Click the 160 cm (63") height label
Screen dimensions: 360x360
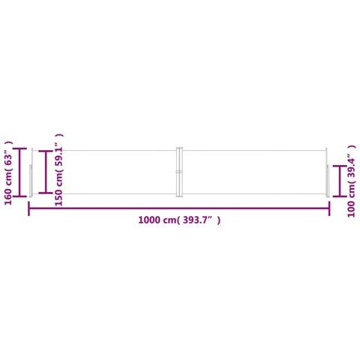8,172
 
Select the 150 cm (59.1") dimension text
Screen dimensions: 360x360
58,169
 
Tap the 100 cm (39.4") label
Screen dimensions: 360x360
351,181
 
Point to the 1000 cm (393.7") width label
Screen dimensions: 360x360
179,220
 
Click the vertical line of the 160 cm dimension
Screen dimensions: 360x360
19,172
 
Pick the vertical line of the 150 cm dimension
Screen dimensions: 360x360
46,172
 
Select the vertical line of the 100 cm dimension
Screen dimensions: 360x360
340,181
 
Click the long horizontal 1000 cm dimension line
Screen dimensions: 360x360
179,208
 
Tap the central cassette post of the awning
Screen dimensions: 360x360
179,172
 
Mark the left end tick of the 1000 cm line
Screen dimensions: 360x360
29,208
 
